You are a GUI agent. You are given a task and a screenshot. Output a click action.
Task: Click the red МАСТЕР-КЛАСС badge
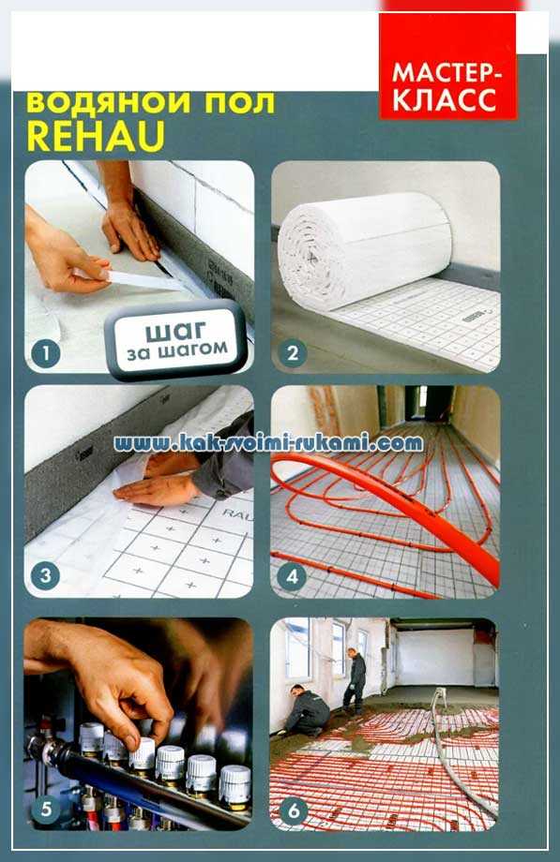(447, 65)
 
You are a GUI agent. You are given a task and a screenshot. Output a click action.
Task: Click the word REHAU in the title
(96, 136)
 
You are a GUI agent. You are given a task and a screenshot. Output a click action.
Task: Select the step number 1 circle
(46, 352)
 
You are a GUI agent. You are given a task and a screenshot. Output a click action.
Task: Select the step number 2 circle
(293, 352)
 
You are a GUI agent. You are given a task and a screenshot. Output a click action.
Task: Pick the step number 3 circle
(46, 575)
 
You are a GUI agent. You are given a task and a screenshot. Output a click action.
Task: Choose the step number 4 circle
(293, 575)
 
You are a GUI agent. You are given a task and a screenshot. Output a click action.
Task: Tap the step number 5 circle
(46, 809)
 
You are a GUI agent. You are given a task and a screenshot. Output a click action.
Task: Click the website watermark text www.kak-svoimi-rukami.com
(268, 442)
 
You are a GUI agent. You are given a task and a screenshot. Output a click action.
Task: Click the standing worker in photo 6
(354, 680)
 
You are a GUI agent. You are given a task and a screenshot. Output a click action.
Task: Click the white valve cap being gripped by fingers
(142, 754)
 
